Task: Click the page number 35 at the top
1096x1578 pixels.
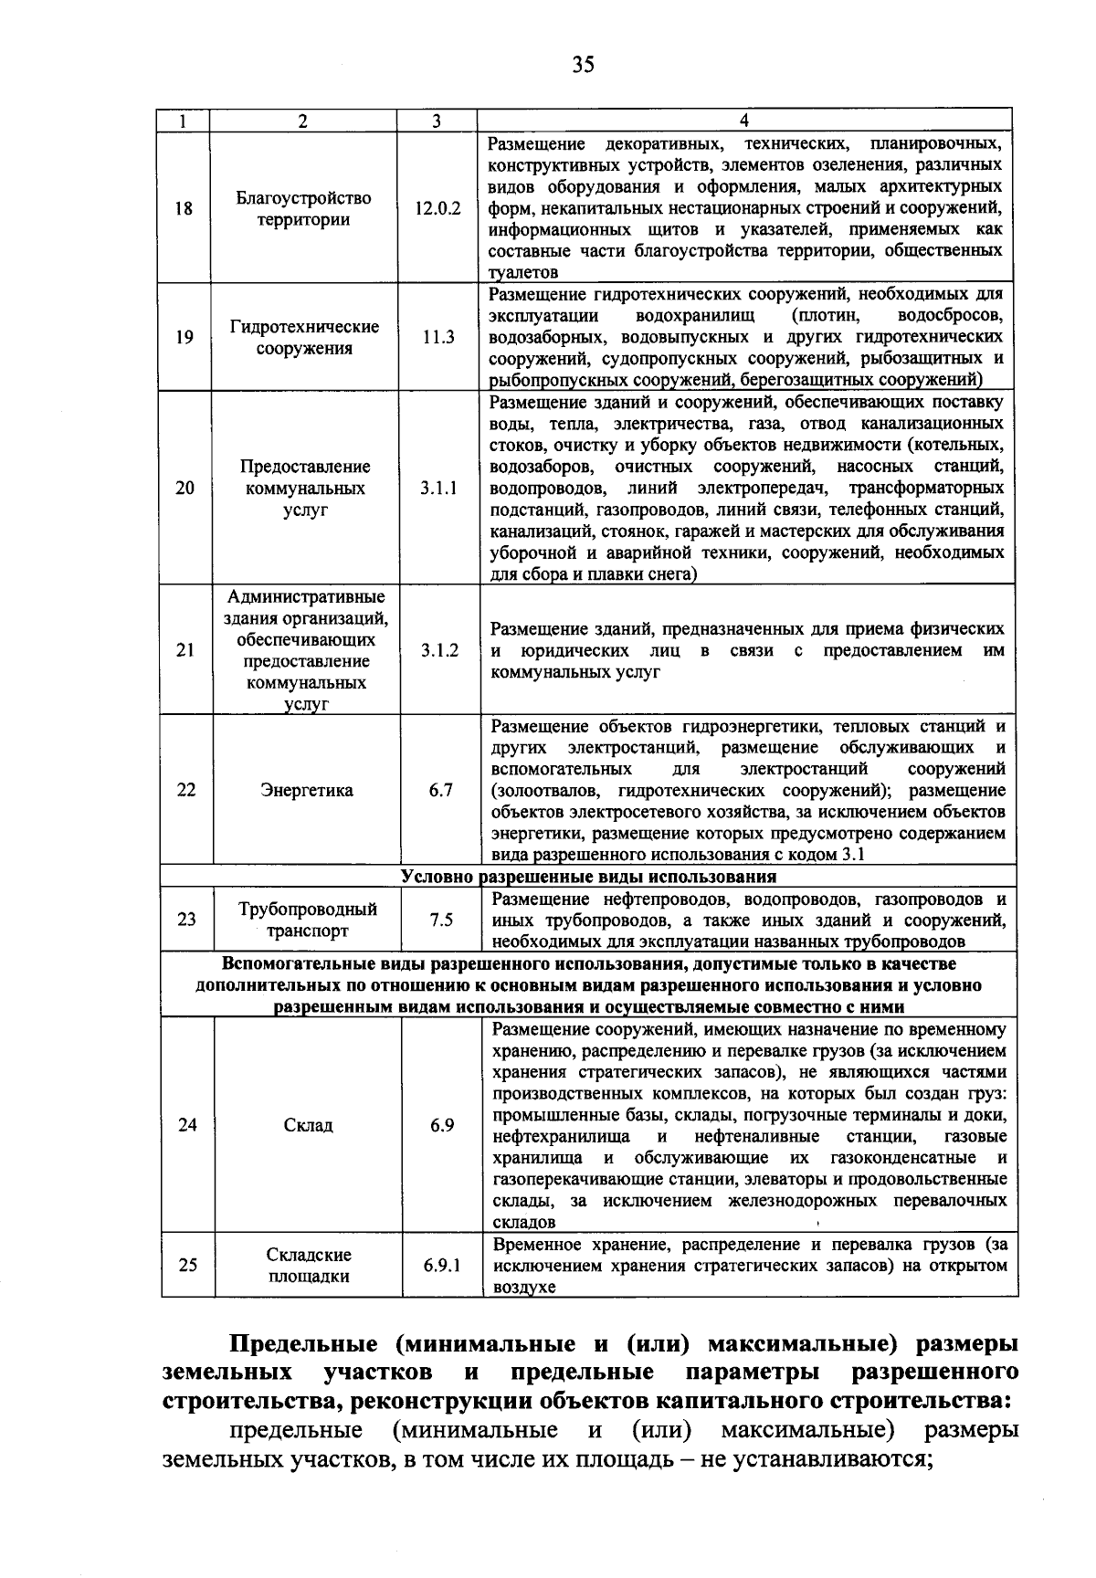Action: click(583, 64)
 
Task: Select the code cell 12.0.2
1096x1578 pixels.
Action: click(438, 208)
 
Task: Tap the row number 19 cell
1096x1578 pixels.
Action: click(184, 338)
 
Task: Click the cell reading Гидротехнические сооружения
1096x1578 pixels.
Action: click(304, 338)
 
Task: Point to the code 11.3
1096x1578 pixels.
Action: click(438, 338)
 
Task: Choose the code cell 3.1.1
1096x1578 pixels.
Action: click(439, 489)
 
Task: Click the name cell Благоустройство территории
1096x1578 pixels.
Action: click(304, 209)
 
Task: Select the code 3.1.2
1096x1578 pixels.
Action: click(440, 650)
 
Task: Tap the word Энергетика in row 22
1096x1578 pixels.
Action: click(307, 791)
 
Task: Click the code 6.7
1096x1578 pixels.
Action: click(441, 791)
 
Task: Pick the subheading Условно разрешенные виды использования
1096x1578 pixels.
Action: click(589, 877)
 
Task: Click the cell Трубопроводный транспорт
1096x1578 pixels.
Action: click(308, 920)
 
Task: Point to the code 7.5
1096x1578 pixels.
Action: click(441, 920)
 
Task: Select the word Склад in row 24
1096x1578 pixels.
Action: click(308, 1126)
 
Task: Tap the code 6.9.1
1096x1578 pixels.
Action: click(442, 1267)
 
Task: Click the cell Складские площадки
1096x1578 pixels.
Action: click(309, 1267)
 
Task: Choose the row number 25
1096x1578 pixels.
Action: click(187, 1267)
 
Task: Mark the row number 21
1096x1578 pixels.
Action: click(185, 650)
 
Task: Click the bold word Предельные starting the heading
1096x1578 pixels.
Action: click(302, 1345)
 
